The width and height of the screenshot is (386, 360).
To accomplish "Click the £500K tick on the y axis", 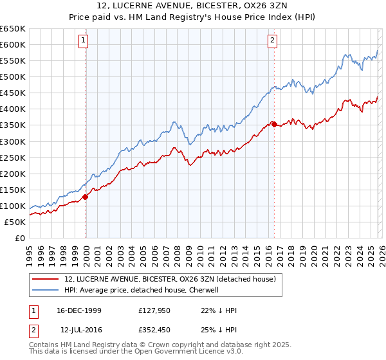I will click(12, 77).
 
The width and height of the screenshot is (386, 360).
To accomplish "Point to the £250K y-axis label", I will click(12, 157).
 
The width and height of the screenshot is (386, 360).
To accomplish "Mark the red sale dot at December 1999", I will click(86, 197).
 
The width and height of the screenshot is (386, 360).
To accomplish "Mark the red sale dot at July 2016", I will click(274, 124).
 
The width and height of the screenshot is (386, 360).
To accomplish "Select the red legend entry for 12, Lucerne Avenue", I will click(170, 279).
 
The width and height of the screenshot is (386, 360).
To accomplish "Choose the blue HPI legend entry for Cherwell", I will click(142, 290).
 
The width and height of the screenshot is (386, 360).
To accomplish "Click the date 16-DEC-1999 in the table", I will click(79, 310).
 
